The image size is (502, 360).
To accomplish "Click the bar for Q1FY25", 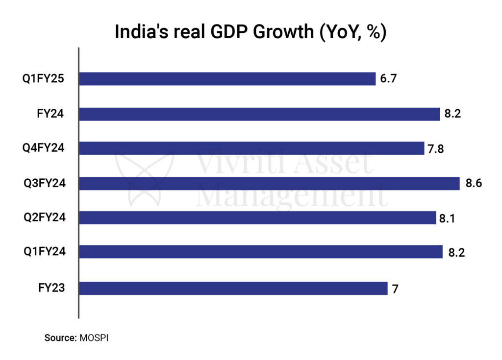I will click(227, 79).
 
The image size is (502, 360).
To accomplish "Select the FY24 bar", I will click(259, 114).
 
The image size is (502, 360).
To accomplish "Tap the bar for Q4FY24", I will click(251, 148).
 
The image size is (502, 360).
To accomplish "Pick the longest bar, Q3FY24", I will click(269, 184).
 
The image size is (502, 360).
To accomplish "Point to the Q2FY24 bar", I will click(257, 218).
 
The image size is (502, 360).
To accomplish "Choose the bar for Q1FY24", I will click(260, 252).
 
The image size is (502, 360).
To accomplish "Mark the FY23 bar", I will click(233, 288).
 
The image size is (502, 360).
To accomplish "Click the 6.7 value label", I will click(387, 79).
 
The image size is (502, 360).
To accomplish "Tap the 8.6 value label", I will click(474, 184).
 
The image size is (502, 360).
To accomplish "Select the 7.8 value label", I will click(436, 148).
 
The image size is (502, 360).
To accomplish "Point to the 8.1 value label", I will click(448, 218).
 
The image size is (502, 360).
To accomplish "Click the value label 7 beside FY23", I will click(395, 288).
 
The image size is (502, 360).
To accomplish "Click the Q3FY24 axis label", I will click(44, 184).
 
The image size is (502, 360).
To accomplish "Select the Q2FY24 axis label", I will click(44, 218).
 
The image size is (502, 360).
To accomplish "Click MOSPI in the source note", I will click(94, 337).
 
